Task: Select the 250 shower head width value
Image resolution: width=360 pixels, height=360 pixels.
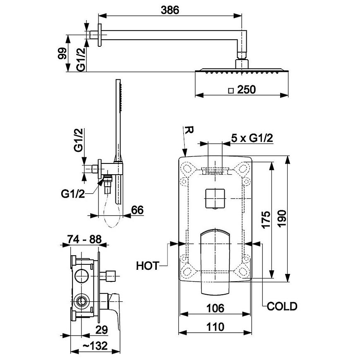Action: tap(247, 90)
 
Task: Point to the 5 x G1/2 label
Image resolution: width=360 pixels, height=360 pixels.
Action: tap(253, 139)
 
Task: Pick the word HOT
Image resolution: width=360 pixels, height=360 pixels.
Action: tap(148, 266)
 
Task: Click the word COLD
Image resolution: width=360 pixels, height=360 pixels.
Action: tap(282, 307)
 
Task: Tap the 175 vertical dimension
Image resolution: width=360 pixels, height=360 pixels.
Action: tap(266, 220)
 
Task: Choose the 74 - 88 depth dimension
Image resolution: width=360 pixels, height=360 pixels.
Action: tap(84, 239)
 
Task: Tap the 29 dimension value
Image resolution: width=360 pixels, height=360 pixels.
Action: tap(101, 329)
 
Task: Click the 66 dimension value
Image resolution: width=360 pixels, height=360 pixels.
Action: tap(137, 210)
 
